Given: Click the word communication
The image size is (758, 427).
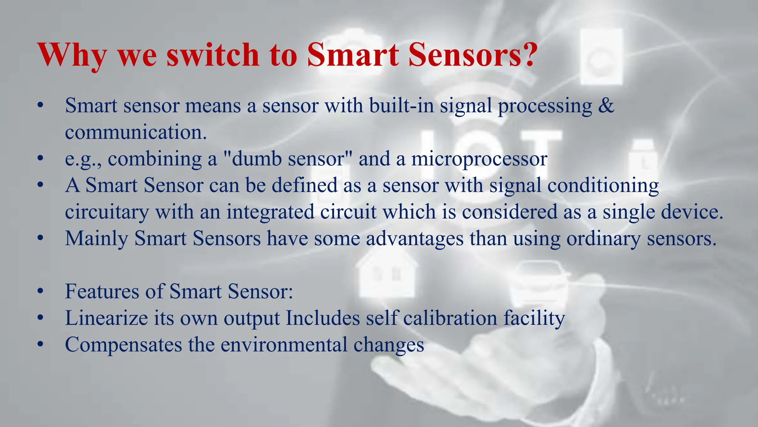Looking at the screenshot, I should [x=135, y=132].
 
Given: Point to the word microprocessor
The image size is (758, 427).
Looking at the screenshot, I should [x=479, y=159].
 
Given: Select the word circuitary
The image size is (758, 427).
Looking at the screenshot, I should [x=107, y=212].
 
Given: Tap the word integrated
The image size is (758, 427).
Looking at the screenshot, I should [x=270, y=212].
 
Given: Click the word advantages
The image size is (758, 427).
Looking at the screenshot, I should [x=415, y=238].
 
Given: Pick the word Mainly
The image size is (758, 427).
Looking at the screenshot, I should [x=97, y=238].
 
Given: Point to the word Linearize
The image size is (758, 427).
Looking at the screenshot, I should [x=106, y=318].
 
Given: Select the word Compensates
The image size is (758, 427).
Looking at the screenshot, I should [x=123, y=345].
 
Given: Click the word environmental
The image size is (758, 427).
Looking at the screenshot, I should [x=289, y=345].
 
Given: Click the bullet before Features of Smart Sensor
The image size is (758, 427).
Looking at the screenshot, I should [x=40, y=292].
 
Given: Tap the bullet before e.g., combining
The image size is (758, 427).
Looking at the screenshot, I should [x=40, y=159].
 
